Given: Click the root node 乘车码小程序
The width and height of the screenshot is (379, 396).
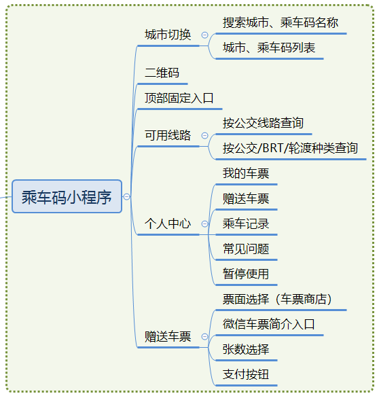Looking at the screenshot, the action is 67,196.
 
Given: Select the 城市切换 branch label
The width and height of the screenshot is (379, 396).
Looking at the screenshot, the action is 168,35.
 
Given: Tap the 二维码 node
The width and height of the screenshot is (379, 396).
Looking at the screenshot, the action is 162,73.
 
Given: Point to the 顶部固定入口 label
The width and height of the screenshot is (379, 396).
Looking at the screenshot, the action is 179,98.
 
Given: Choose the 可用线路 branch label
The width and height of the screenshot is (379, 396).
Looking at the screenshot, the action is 168,135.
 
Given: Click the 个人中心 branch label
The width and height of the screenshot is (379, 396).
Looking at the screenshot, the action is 168,223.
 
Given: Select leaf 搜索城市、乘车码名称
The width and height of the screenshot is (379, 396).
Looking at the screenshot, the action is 281,22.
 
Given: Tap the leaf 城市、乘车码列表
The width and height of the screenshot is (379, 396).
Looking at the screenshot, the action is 269,48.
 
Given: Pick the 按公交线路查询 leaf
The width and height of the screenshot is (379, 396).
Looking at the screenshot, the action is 263,123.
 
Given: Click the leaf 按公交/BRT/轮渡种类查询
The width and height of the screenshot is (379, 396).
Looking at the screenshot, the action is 290,148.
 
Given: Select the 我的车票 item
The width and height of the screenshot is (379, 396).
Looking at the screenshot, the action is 246,173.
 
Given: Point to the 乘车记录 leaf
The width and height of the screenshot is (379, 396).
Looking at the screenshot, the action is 246,223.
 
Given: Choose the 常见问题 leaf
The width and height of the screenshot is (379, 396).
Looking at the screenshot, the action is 246,249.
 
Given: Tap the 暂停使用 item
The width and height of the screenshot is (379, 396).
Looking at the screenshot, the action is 246,274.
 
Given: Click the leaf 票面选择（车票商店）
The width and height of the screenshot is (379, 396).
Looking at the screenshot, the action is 277,299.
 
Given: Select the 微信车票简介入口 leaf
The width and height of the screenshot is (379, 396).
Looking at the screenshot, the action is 269,324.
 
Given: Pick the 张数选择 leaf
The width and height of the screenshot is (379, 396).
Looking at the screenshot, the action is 246,349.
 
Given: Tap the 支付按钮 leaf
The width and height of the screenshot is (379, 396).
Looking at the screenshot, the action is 246,374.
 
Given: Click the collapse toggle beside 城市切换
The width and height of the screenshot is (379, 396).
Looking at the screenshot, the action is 204,35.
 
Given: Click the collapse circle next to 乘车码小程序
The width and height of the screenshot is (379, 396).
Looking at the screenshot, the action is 126,196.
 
